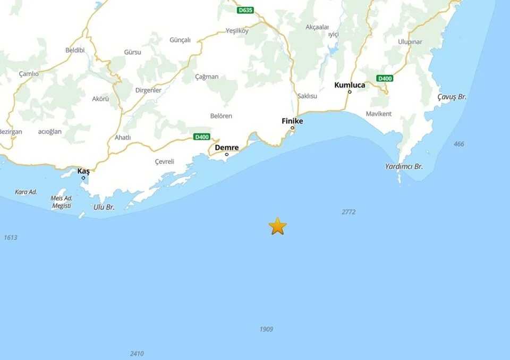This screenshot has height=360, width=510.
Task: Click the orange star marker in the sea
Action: pyautogui.click(x=277, y=226)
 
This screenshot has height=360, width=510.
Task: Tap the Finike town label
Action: pyautogui.click(x=292, y=121)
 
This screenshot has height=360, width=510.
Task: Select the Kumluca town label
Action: pyautogui.click(x=350, y=85)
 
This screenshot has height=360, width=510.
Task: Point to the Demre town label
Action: pyautogui.click(x=227, y=147)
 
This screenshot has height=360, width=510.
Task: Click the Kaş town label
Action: pyautogui.click(x=83, y=171)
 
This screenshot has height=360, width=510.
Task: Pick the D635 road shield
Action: pyautogui.click(x=245, y=10)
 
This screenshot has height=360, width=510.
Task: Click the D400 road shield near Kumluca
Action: pyautogui.click(x=385, y=78)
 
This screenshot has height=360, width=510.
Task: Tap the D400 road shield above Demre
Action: pyautogui.click(x=201, y=137)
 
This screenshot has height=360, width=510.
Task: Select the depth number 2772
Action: pyautogui.click(x=348, y=212)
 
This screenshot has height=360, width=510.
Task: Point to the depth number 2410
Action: pyautogui.click(x=137, y=354)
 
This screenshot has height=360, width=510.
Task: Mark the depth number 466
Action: pyautogui.click(x=459, y=144)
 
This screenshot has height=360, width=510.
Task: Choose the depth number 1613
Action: pyautogui.click(x=10, y=238)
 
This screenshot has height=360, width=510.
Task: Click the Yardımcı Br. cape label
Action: pyautogui.click(x=404, y=166)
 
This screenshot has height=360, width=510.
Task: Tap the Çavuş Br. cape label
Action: pyautogui.click(x=452, y=97)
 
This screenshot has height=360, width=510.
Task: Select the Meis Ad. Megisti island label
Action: pyautogui.click(x=61, y=202)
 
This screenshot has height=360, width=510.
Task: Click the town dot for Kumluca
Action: pyautogui.click(x=350, y=92)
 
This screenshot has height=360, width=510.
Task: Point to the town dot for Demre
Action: pyautogui.click(x=227, y=155)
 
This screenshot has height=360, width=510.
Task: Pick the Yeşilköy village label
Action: pyautogui.click(x=237, y=30)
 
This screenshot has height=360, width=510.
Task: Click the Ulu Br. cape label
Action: pyautogui.click(x=104, y=207)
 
